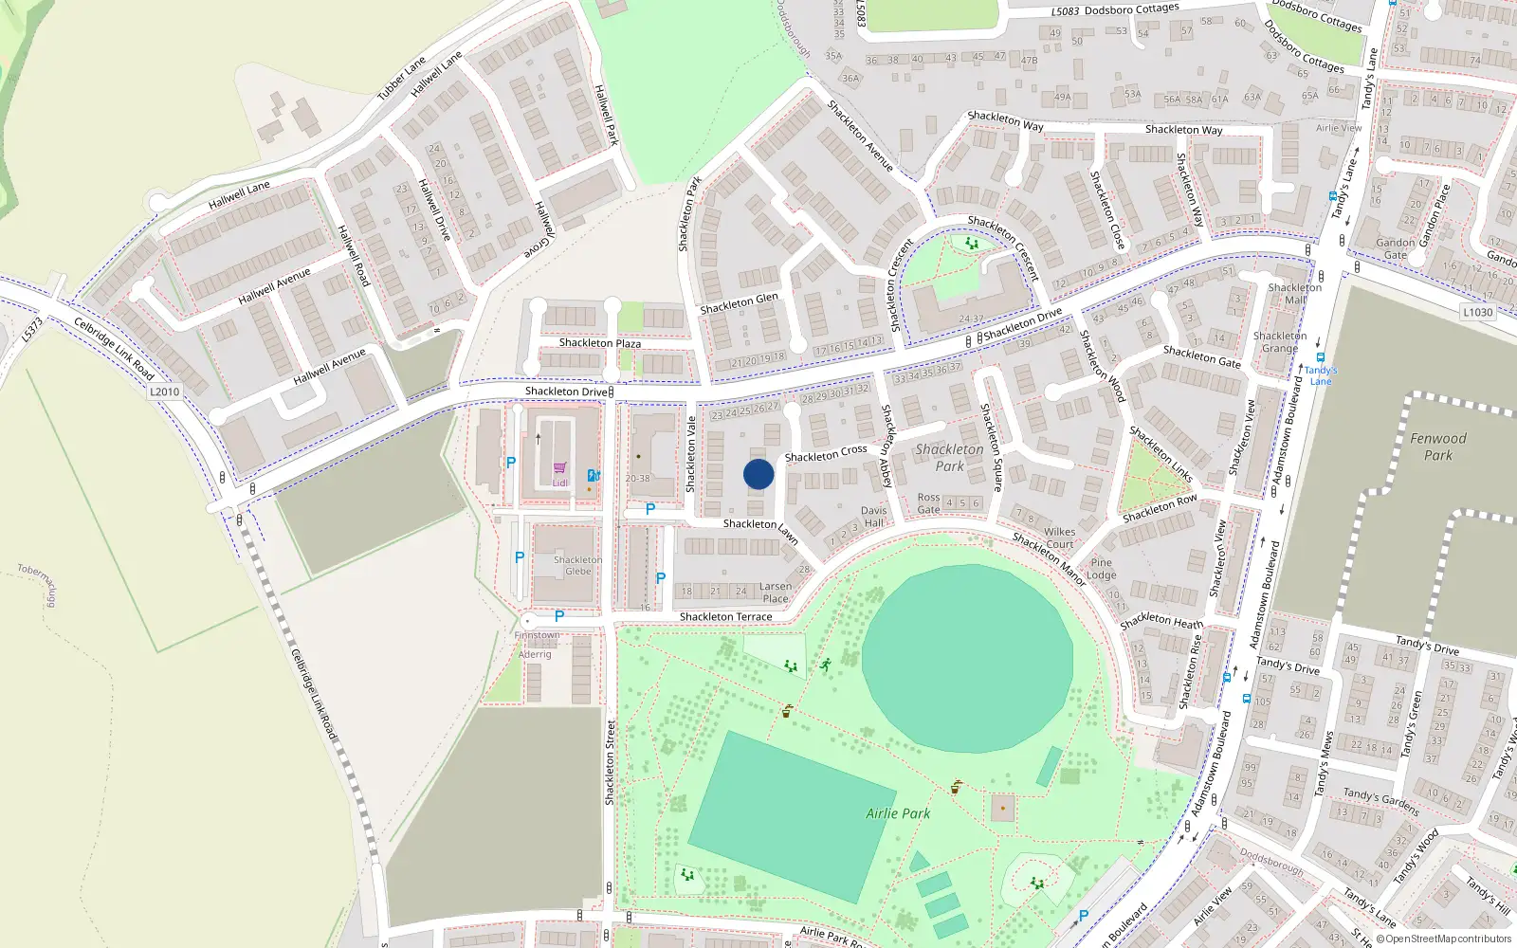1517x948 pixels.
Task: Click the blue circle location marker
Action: [x=758, y=474]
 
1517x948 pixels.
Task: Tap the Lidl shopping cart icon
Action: [x=559, y=468]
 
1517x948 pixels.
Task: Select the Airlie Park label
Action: [x=898, y=813]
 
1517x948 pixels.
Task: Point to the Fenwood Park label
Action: [x=1437, y=447]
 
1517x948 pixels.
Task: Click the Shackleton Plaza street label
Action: [x=599, y=343]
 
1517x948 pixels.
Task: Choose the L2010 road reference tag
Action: [x=164, y=392]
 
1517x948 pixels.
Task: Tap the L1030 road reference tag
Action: [x=1477, y=312]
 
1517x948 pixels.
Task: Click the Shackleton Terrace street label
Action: [x=725, y=617]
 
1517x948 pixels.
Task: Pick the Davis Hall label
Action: [x=873, y=517]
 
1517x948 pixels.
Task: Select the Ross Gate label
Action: [x=928, y=503]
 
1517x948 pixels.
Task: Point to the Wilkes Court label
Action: [x=1059, y=538]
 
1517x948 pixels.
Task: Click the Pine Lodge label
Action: [x=1101, y=569]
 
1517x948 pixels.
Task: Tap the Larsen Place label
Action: [x=775, y=592]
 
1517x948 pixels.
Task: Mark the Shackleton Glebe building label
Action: [x=577, y=566]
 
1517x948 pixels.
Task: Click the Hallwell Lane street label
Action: [x=239, y=195]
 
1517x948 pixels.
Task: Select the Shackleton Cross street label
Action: [x=825, y=454]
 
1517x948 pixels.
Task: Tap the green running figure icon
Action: [x=825, y=665]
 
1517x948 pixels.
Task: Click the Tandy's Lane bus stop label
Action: [x=1321, y=375]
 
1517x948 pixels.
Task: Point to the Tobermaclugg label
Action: [x=37, y=585]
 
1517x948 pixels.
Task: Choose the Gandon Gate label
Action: [x=1395, y=248]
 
